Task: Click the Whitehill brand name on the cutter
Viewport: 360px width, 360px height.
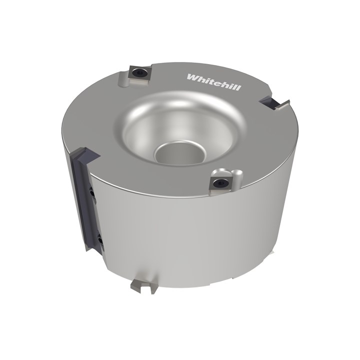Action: (x=214, y=82)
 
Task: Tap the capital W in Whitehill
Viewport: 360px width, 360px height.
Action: (x=192, y=77)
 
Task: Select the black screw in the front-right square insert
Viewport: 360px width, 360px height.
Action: (x=220, y=183)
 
